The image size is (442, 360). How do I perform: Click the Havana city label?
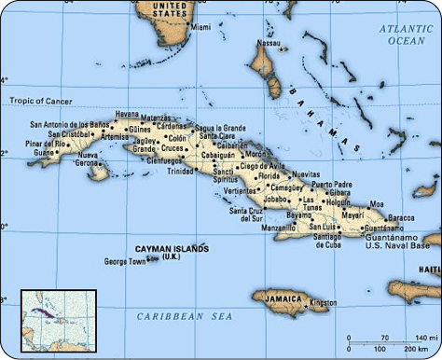pyautogui.click(x=127, y=114)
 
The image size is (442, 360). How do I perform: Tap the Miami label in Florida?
pyautogui.click(x=200, y=28)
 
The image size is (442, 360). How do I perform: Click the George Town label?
pyautogui.click(x=125, y=261)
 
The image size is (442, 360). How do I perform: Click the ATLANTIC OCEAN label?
pyautogui.click(x=407, y=35)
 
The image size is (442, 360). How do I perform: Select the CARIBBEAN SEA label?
pyautogui.click(x=183, y=317)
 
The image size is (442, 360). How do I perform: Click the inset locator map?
pyautogui.click(x=59, y=320)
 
